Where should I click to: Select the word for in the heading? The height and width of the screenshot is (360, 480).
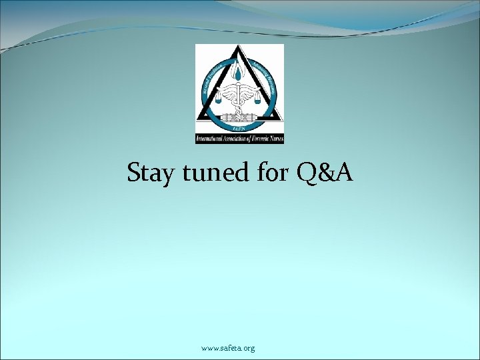270,173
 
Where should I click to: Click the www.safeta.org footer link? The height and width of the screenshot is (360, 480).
228,348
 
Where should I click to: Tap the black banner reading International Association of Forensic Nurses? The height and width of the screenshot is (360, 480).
239,139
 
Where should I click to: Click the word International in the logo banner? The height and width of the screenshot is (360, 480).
210,139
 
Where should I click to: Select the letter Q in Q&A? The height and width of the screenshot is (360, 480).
308,173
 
